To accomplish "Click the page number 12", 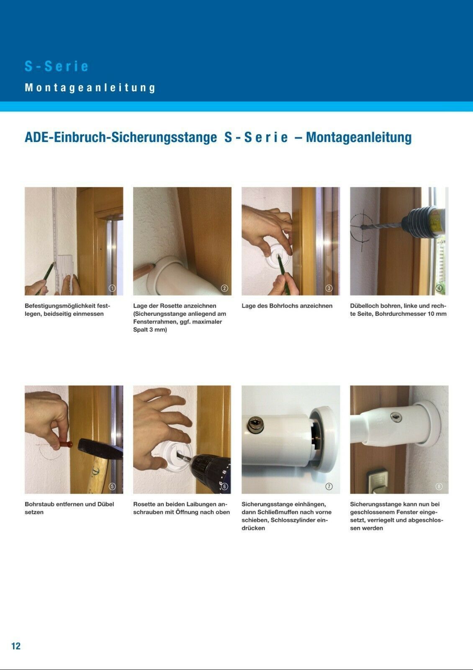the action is coord(16,646).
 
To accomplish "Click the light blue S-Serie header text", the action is coord(57,67).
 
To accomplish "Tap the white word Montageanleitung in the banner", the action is coord(90,88).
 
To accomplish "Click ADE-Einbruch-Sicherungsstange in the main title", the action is coord(121,138).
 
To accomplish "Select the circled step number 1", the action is coord(112,288).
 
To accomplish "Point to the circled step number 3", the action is coord(329,288).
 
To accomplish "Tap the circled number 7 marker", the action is coord(329,486).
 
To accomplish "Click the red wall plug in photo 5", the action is coord(64,444).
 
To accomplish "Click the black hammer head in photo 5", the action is coord(100,448).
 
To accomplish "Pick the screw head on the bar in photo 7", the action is coord(256,425).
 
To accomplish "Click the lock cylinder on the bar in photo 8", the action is coord(396,417).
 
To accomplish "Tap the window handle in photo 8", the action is coord(377,481).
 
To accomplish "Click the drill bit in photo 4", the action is coord(382,226).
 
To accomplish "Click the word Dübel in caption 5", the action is coord(105,504).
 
